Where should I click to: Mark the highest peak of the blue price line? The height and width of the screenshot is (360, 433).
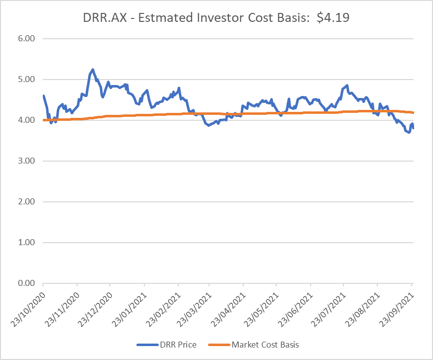pyautogui.click(x=93, y=70)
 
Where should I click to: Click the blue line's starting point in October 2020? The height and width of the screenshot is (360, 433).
pyautogui.click(x=43, y=95)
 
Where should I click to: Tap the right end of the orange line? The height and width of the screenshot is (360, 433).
pyautogui.click(x=413, y=112)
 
